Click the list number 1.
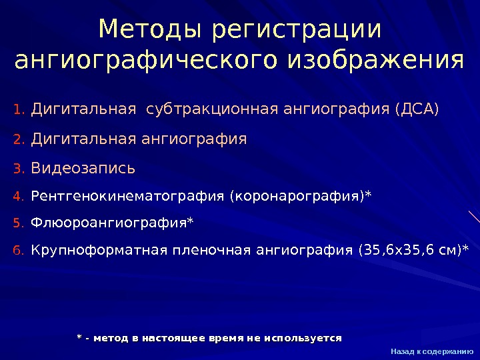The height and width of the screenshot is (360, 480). point(18,109)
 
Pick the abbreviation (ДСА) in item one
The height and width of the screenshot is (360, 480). point(417,108)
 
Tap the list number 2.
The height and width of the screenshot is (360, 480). point(18,140)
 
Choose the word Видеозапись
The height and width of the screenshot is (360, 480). point(83,169)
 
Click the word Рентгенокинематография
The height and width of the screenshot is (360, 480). point(128,197)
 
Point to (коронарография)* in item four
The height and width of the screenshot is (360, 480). point(301,197)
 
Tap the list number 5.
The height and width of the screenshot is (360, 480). point(18,223)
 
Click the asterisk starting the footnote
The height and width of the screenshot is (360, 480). point(80,337)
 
